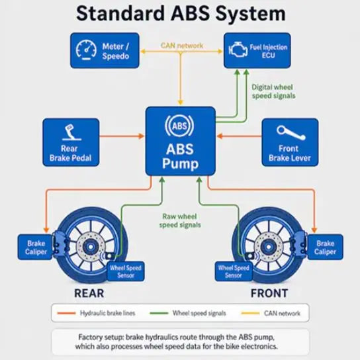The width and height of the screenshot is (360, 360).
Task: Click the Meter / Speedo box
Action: pos(105,50)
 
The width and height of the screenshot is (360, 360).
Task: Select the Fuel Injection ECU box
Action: pos(257,50)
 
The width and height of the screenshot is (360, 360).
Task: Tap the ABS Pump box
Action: pos(181,141)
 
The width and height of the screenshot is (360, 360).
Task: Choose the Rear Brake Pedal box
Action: pos(71,142)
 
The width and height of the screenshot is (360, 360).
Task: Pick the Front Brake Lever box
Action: pos(290,142)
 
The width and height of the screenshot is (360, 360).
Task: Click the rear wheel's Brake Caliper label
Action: pos(35,247)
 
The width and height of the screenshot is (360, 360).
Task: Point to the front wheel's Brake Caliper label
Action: pos(325,247)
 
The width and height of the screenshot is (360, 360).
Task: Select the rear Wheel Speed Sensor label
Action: pos(126,271)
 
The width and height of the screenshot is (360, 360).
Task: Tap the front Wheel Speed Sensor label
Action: pos(234,271)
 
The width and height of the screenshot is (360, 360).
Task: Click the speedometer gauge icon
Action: pos(86,50)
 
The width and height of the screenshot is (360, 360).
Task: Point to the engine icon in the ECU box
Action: pos(238,50)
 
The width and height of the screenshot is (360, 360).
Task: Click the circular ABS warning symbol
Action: pos(179,126)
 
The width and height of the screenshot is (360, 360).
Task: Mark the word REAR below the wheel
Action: pos(89,293)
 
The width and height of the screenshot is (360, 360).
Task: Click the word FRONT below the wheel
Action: pos(269,293)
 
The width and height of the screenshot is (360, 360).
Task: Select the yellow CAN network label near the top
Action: pos(182,46)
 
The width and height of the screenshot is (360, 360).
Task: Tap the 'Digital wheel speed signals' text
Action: pos(273,91)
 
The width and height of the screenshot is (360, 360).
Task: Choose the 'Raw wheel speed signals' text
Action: pos(180,220)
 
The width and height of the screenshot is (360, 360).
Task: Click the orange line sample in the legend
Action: pos(66,313)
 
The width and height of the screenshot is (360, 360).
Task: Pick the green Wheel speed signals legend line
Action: pos(159,313)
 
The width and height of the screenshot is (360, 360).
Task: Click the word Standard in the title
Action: pos(120,13)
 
